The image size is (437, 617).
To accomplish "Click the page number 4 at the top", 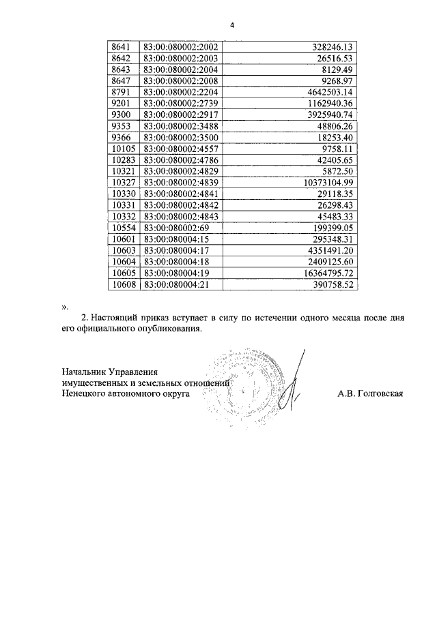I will (x=231, y=26).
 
